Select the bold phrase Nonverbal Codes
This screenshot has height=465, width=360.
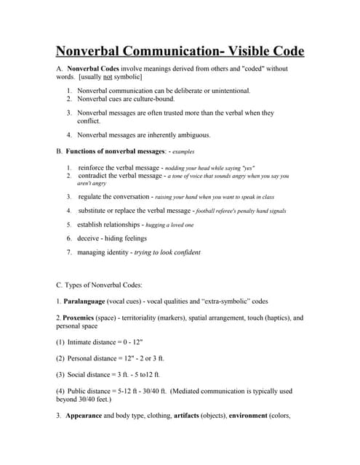pos(94,68)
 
